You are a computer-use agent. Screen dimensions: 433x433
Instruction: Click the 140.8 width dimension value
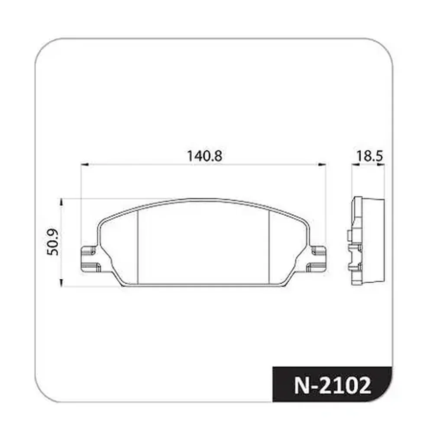click(205, 156)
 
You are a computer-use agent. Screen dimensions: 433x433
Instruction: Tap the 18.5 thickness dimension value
click(369, 156)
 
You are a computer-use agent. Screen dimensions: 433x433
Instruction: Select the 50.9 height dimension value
click(53, 242)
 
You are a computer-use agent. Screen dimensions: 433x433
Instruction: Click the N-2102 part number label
click(333, 385)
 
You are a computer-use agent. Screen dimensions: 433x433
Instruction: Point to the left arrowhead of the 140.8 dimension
click(84, 165)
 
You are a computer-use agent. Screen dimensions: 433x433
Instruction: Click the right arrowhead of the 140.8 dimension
click(322, 165)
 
